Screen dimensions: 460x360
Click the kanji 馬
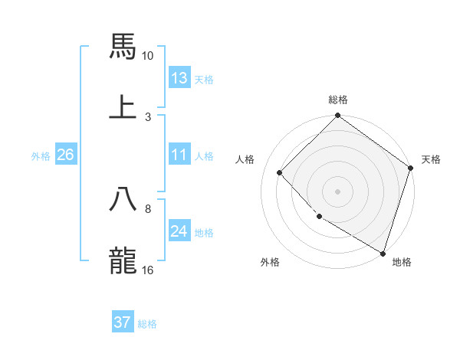click(x=123, y=45)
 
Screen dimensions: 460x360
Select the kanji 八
click(x=123, y=198)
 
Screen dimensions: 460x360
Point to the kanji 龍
click(x=123, y=260)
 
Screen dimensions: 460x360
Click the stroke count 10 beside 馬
click(x=148, y=56)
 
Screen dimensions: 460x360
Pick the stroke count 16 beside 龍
click(x=148, y=270)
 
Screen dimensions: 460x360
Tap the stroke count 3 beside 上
click(x=148, y=116)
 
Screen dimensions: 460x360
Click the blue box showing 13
click(x=179, y=78)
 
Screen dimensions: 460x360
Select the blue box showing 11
click(x=179, y=155)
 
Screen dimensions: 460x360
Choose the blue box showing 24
click(x=179, y=231)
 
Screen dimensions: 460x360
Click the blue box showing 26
click(x=65, y=155)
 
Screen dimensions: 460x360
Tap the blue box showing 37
click(x=123, y=322)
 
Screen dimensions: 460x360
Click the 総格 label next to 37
click(x=147, y=324)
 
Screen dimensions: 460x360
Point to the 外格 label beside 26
click(x=41, y=156)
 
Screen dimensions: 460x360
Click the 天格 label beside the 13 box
click(x=204, y=80)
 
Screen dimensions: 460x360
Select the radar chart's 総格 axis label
click(x=338, y=100)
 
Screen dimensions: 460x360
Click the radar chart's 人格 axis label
click(x=245, y=159)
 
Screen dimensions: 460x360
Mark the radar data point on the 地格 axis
click(x=382, y=252)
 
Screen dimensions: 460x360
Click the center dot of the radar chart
click(x=338, y=191)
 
